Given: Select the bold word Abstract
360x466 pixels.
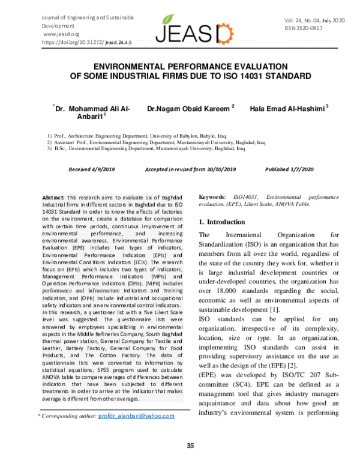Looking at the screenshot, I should point(53,198).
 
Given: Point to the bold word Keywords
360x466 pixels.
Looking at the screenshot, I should point(212,196).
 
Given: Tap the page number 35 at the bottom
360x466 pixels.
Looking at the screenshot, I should point(191,445).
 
